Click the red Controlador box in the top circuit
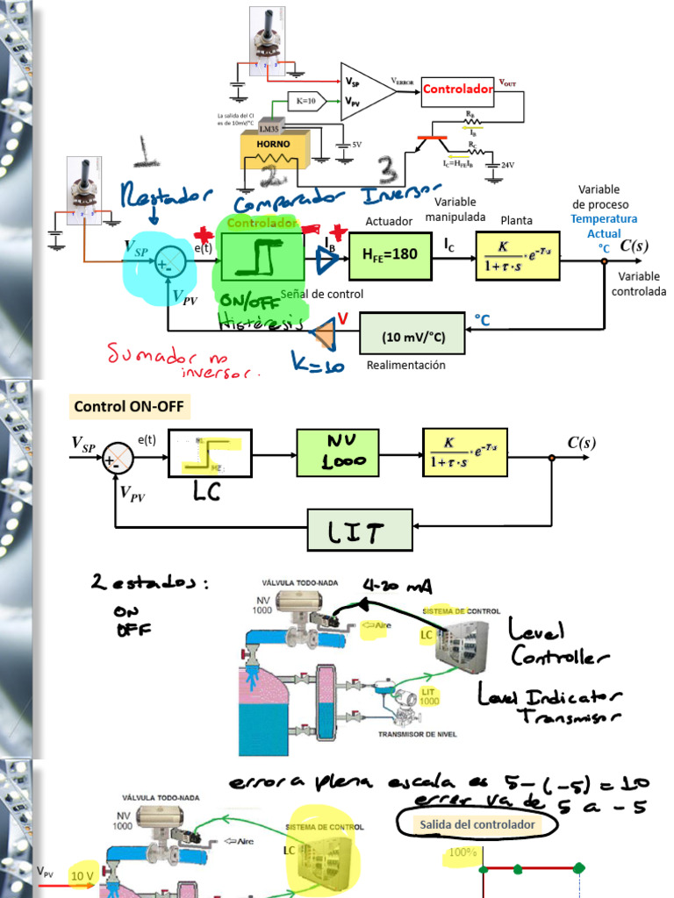click(458, 89)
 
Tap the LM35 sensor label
click(262, 128)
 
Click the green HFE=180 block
click(390, 255)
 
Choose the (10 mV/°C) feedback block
click(412, 334)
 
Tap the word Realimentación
click(405, 365)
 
